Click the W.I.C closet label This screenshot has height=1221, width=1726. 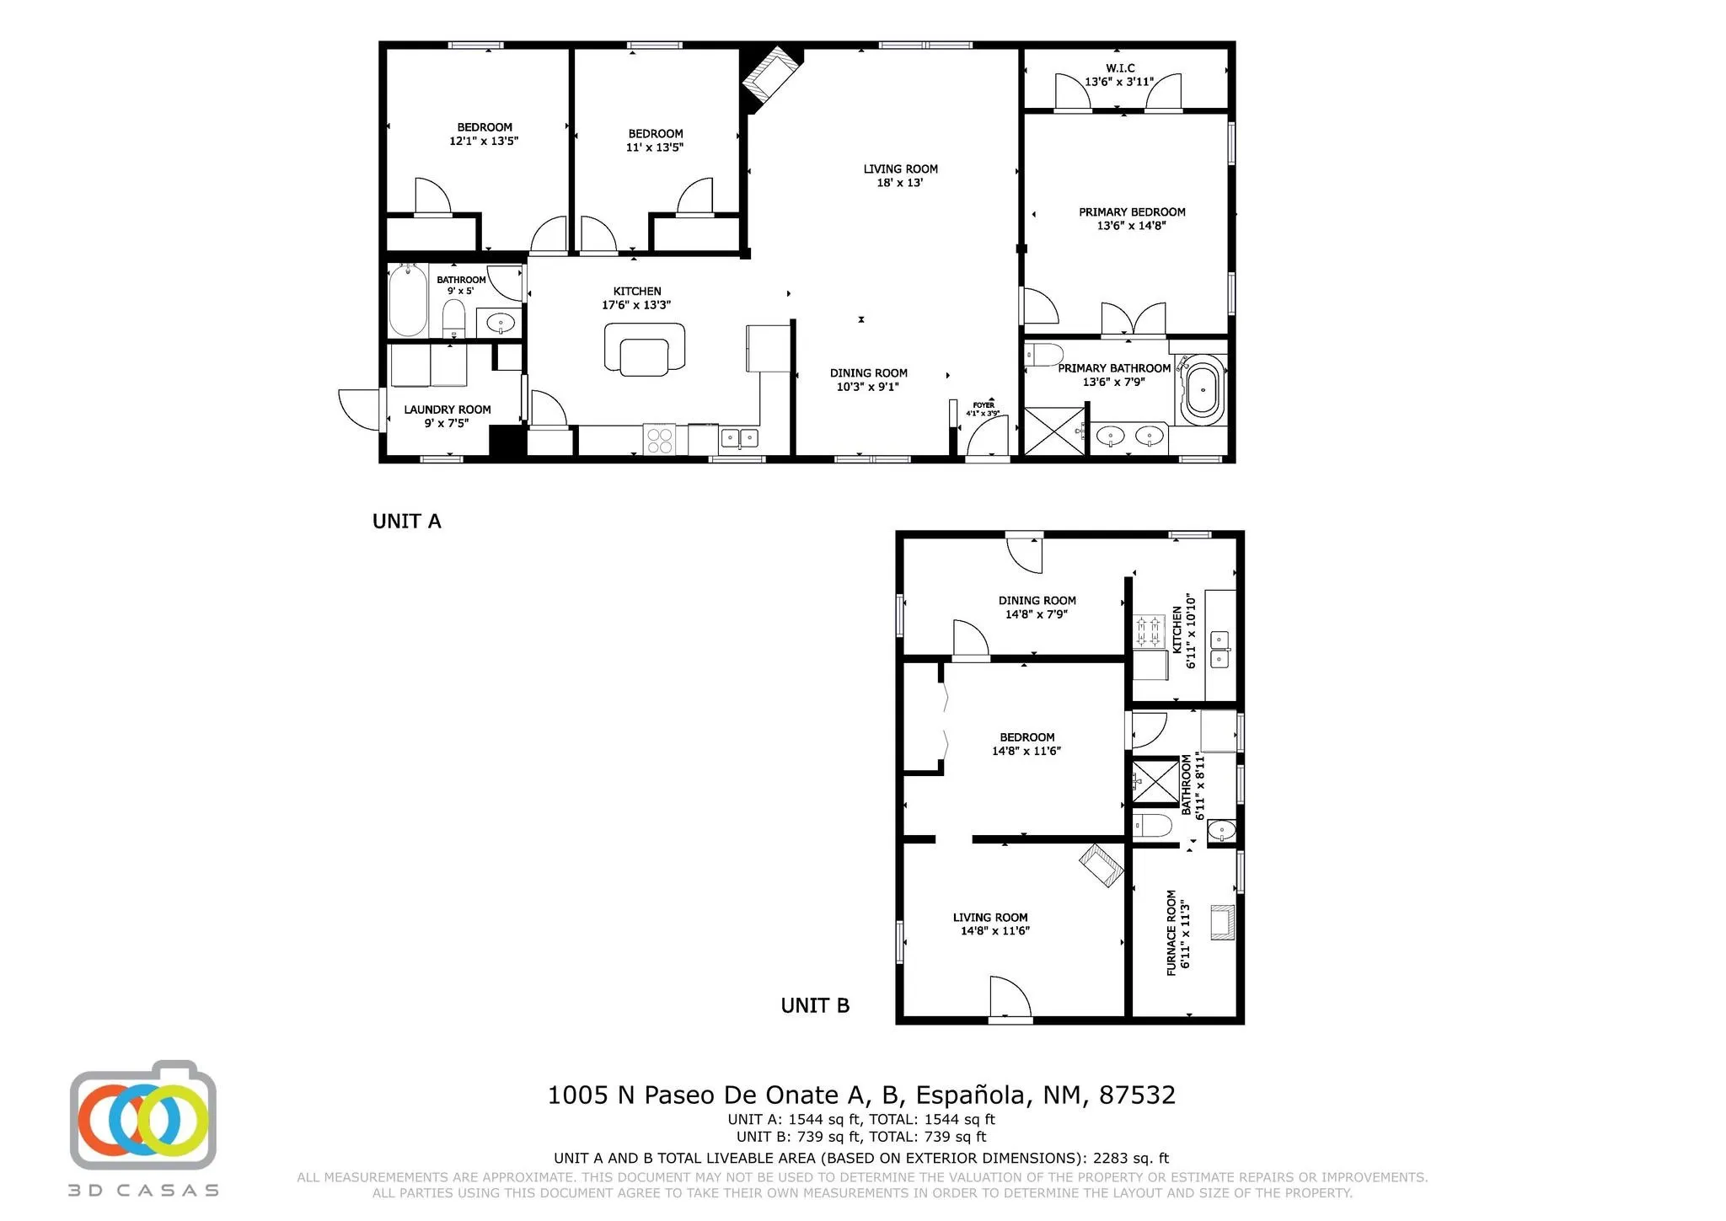coord(1120,68)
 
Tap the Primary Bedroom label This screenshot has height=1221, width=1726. coord(1132,212)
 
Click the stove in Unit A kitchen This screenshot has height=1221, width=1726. coord(659,440)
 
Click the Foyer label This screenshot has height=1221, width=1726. coord(984,405)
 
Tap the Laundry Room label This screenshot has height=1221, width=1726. coord(447,410)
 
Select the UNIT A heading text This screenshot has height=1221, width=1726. coord(407,522)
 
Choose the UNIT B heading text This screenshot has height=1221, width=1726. coord(815,1005)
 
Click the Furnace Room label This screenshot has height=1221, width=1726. coord(1171,933)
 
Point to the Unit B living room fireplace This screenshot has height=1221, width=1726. coord(1102,865)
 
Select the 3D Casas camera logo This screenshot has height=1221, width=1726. coord(143,1115)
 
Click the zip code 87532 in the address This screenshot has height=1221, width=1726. coord(1137,1095)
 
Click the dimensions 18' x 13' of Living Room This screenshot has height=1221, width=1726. coord(900,182)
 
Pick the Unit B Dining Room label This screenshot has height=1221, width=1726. coord(1037,601)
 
